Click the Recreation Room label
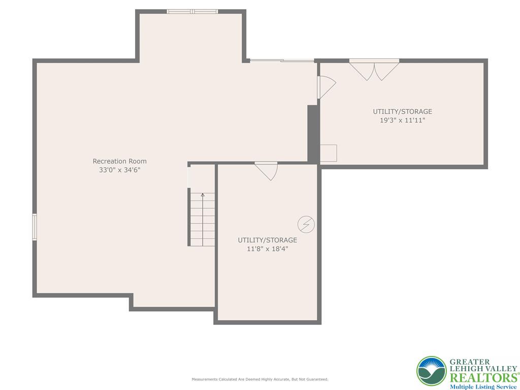pos(119,161)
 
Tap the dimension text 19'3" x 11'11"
pos(403,121)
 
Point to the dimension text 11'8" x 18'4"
pos(268,249)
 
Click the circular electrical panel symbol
pos(306,223)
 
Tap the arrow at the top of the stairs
pos(203,194)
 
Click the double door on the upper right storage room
pos(374,69)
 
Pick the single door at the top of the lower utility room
pos(267,170)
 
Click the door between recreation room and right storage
pos(325,87)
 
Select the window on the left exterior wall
pos(35,226)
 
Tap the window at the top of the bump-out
pos(192,12)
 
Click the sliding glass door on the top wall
pos(282,61)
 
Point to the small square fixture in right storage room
pos(328,153)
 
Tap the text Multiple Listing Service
pos(483,386)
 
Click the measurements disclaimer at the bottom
pos(259,379)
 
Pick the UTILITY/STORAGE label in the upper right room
pos(403,112)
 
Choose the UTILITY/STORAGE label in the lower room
pos(268,240)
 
